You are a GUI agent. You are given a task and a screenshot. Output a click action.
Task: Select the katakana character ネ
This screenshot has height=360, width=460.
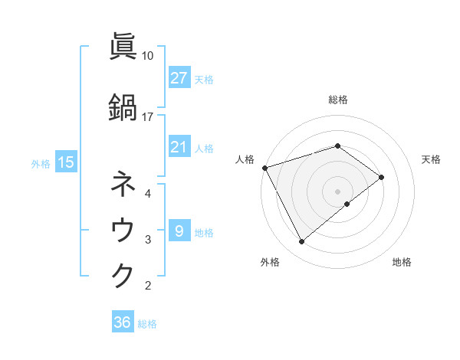click(x=124, y=184)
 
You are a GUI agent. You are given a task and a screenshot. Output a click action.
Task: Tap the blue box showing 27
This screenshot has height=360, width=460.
click(x=179, y=78)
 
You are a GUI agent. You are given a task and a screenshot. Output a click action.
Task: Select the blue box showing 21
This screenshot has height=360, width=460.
click(x=179, y=148)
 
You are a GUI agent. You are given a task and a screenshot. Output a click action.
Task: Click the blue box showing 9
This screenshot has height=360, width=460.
click(x=179, y=231)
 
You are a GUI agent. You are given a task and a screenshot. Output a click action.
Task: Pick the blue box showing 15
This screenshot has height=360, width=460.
click(x=65, y=162)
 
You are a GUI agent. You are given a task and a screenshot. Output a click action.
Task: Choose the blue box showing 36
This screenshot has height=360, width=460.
click(x=122, y=322)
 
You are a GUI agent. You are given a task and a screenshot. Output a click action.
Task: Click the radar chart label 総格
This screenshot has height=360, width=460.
click(x=337, y=100)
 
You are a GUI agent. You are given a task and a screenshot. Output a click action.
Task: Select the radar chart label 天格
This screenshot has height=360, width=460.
click(x=432, y=159)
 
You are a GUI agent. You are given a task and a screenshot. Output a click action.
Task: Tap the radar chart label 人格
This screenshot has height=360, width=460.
click(x=245, y=159)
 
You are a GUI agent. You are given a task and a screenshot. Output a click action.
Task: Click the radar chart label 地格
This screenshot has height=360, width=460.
click(x=402, y=263)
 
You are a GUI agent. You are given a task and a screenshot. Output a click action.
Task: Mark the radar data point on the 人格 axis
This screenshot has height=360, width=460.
click(x=264, y=168)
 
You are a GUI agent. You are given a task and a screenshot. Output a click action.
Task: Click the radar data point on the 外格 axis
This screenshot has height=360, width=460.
click(x=302, y=242)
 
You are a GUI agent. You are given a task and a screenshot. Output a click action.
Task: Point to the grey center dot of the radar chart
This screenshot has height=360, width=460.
click(x=337, y=191)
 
